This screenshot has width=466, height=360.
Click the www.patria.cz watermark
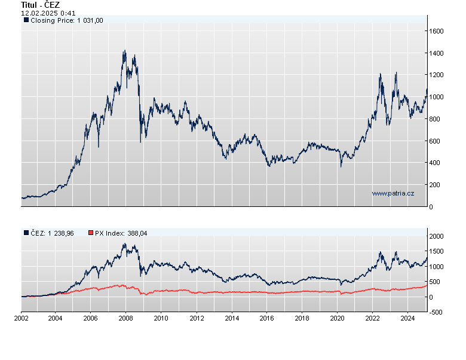393,193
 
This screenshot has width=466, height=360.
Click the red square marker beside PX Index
91,233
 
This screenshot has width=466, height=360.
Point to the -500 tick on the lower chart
438,312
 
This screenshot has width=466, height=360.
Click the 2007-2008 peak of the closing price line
124,51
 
